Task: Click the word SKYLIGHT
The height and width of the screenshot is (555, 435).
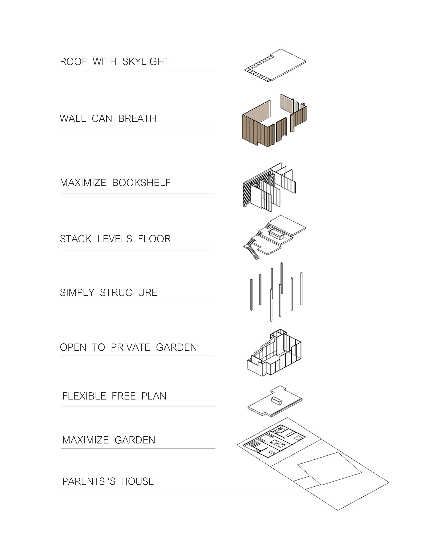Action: coord(146,62)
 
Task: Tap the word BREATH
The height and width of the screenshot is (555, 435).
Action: coord(137,119)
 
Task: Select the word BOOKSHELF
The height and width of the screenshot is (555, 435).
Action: coord(141,183)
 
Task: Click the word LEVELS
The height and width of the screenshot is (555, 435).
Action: coord(115,239)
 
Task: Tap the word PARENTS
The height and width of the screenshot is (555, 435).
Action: coord(84,482)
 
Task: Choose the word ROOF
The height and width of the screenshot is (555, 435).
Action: coord(73,62)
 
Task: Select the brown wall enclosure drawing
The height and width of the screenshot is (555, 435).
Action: coord(257,130)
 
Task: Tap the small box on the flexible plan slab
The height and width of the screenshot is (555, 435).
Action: coord(276,401)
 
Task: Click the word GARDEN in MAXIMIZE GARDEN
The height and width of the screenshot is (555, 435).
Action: coord(135,440)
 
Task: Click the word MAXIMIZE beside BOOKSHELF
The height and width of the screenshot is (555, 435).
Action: coord(83,183)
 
